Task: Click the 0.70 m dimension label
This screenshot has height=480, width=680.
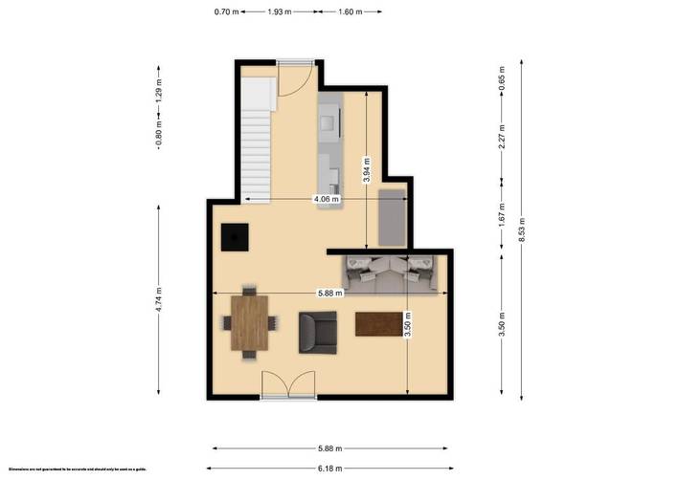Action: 225,11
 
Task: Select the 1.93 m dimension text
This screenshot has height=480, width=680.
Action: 278,11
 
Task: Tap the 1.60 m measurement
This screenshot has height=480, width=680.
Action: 351,11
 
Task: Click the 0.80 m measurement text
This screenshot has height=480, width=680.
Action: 159,132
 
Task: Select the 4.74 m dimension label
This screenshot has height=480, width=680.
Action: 159,299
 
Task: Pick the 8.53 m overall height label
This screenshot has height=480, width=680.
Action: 523,230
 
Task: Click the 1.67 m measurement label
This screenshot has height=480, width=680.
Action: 502,217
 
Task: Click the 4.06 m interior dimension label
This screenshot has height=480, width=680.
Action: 328,199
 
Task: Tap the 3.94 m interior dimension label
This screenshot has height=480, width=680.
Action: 366,169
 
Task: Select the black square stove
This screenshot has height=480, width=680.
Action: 235,236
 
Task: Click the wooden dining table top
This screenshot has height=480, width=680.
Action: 250,322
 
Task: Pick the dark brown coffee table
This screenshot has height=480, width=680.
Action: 377,324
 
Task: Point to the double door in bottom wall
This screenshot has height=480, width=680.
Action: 287,386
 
